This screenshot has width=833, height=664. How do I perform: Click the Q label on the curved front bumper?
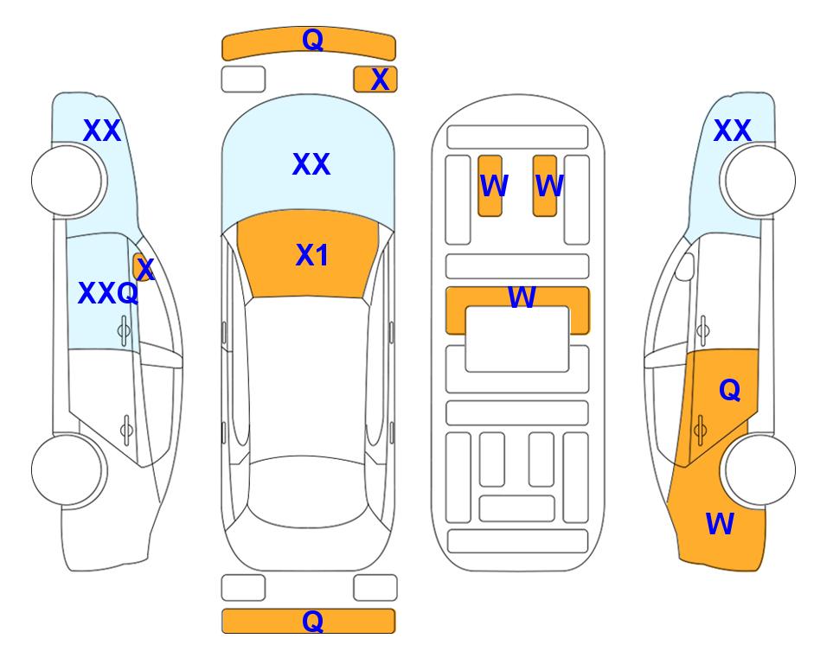[x=312, y=39]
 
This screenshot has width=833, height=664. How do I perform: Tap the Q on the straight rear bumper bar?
[x=312, y=621]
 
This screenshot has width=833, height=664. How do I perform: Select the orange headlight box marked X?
[x=375, y=80]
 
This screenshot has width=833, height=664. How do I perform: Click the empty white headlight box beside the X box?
[x=243, y=80]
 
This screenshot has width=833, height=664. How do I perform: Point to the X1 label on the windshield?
[x=312, y=255]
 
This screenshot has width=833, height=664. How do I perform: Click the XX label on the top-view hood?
[x=311, y=164]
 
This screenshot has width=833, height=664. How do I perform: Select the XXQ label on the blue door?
[x=108, y=293]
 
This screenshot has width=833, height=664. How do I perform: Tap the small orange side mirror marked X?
[x=143, y=267]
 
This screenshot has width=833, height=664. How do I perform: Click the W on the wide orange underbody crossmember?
[x=522, y=297]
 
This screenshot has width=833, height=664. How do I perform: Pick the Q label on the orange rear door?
[x=729, y=391]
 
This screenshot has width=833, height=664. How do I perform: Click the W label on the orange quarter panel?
[x=720, y=524]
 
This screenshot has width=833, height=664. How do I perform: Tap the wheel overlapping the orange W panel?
[x=759, y=469]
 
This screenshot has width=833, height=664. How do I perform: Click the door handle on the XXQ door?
[x=124, y=330]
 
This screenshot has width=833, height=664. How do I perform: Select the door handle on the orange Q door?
[x=700, y=430]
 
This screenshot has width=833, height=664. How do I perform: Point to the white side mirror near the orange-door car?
[x=685, y=266]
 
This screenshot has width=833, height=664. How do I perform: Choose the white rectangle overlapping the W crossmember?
[x=517, y=339]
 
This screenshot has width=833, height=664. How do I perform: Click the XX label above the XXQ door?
[x=102, y=131]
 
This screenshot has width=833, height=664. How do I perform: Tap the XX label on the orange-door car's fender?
[x=732, y=131]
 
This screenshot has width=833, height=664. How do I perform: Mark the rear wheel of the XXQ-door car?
[x=68, y=469]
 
